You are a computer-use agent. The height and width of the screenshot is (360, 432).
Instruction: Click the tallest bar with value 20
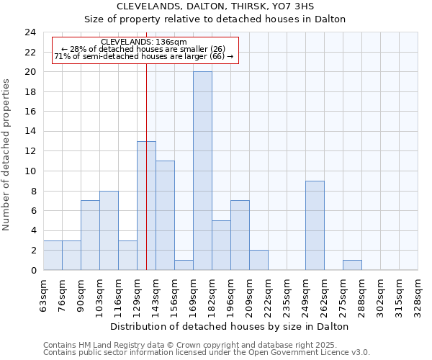[202, 171]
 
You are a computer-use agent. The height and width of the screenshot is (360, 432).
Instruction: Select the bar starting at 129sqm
[146, 205]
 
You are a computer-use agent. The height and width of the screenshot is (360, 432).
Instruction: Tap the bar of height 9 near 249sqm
[315, 225]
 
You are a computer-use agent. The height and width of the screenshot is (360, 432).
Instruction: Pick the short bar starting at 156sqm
[184, 265]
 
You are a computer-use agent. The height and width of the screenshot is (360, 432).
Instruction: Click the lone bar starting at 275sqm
[352, 265]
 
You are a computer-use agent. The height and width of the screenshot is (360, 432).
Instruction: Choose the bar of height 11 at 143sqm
[165, 215]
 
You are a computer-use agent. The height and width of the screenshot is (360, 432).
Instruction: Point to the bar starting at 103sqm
[109, 230]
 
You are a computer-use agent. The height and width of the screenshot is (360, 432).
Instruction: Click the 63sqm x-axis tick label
[44, 292]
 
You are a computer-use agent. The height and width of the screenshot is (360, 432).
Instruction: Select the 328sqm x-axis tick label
[418, 292]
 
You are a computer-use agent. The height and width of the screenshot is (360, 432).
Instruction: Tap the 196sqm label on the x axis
[231, 292]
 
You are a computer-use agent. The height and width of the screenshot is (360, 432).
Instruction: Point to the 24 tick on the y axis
[30, 32]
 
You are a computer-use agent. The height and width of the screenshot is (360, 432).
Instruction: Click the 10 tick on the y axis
[30, 171]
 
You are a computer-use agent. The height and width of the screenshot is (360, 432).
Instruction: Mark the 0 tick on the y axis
[32, 270]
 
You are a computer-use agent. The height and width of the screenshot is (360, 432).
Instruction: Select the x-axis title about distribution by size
[231, 326]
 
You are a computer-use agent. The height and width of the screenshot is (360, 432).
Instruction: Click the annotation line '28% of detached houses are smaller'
[144, 49]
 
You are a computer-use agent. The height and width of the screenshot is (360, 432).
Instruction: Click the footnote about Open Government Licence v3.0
[207, 353]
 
